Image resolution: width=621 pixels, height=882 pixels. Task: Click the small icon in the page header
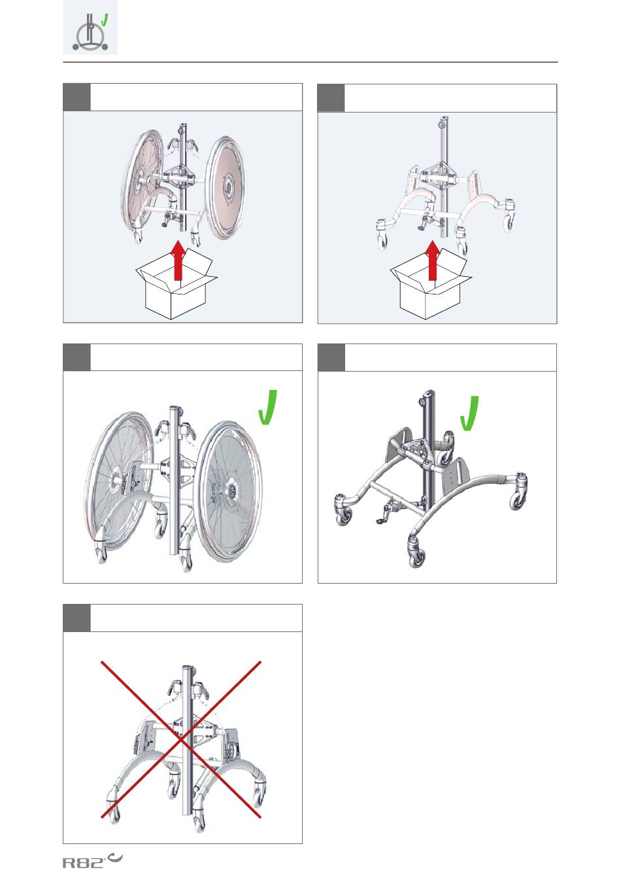click(90, 27)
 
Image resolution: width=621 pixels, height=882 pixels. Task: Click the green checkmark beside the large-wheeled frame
click(268, 407)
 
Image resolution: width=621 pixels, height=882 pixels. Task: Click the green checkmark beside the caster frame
click(469, 413)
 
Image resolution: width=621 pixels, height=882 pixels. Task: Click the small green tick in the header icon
click(104, 20)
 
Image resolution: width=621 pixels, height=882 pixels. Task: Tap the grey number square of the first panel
click(76, 97)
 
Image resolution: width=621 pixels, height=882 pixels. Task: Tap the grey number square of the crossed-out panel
click(76, 618)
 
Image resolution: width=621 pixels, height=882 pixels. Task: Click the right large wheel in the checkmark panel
click(228, 491)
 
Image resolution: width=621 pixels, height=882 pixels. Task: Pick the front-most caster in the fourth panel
click(416, 552)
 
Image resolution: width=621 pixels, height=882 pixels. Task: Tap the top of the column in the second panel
click(444, 119)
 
